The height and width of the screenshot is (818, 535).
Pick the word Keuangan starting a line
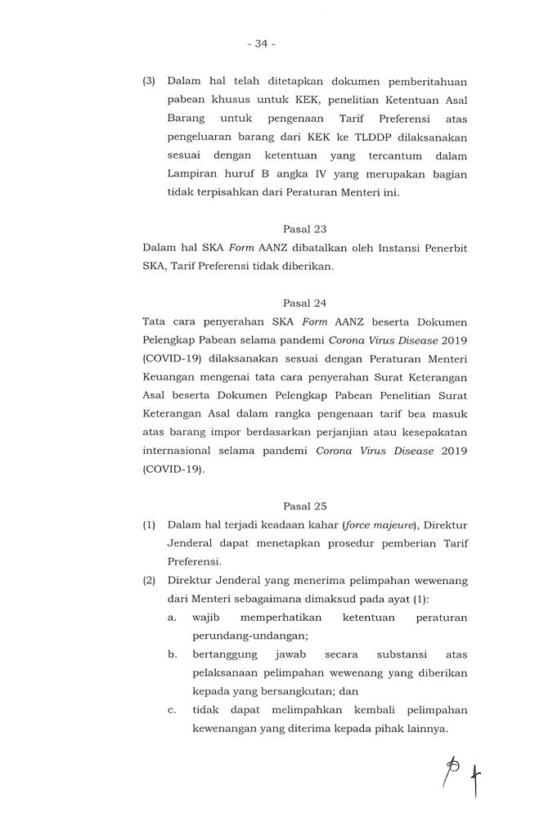[169, 378]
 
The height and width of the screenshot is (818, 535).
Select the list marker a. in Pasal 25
[172, 618]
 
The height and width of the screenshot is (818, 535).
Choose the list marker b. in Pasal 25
[173, 654]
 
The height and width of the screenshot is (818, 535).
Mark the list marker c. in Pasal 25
[172, 710]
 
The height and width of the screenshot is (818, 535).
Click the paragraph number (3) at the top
[149, 81]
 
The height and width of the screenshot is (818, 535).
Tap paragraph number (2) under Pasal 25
[149, 581]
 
